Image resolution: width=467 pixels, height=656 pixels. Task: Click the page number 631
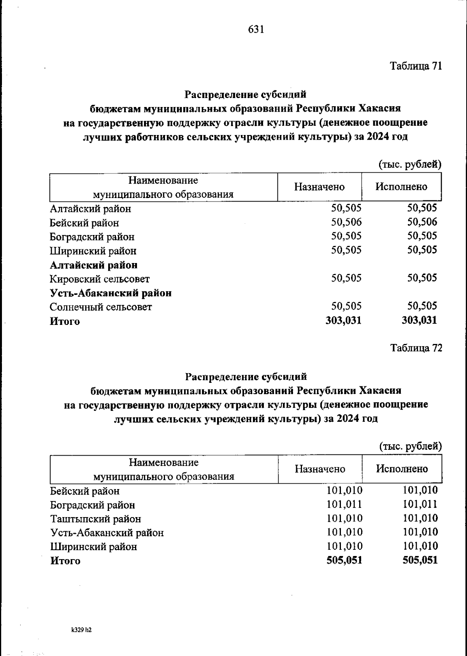[256, 30]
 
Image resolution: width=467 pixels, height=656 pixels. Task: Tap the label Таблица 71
[416, 66]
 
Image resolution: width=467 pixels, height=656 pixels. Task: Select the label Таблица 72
[416, 348]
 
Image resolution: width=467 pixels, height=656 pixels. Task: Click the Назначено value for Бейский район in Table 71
[346, 222]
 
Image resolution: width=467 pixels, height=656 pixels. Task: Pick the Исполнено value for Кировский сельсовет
[422, 278]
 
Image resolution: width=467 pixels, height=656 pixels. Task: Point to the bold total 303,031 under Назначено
[343, 320]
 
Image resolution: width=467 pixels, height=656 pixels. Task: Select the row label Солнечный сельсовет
[101, 307]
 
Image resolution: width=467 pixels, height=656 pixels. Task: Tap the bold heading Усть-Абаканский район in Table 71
[111, 293]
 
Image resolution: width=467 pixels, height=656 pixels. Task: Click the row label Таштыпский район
[96, 519]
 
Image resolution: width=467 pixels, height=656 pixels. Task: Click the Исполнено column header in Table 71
[401, 187]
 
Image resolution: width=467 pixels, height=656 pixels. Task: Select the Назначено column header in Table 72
[320, 469]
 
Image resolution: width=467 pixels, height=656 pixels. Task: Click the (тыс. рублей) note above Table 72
[410, 447]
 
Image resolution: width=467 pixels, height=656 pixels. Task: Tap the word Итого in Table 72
[65, 561]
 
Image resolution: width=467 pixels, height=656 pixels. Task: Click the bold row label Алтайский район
[93, 265]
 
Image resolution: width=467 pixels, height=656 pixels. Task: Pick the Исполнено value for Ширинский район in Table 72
[420, 546]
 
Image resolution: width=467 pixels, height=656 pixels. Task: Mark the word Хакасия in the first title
[379, 108]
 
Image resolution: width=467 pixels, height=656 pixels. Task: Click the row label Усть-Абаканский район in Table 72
[107, 533]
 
